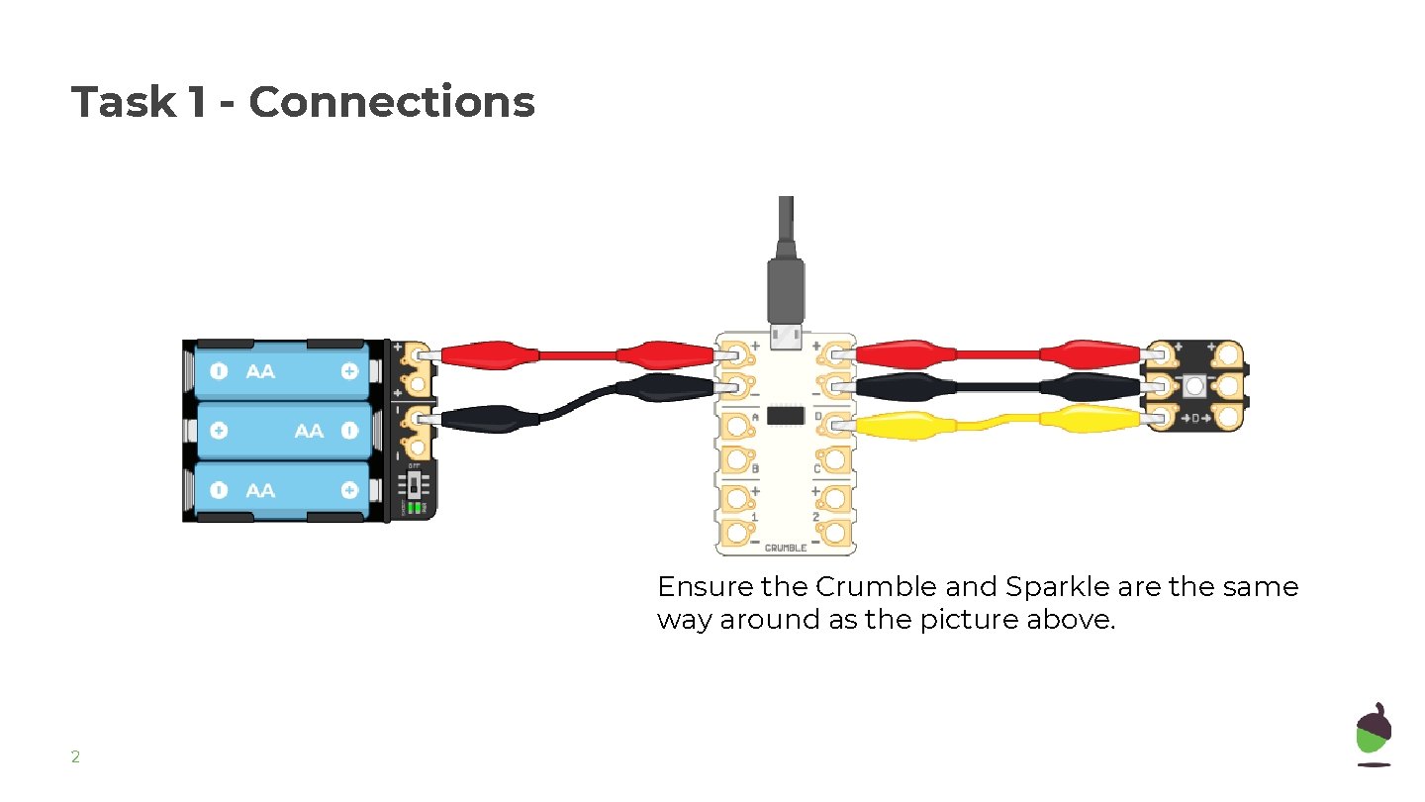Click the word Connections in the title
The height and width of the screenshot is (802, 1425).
coord(392,102)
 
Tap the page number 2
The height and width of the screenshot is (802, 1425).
coord(75,757)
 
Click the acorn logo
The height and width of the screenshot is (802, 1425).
coord(1374,734)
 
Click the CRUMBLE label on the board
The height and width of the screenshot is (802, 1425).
coord(785,548)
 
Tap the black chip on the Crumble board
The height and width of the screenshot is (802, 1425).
coord(785,416)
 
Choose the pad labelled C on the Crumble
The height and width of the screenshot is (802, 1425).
coord(833,460)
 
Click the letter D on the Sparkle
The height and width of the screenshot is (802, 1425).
coord(1194,419)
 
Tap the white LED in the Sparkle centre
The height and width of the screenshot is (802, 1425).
coord(1193,384)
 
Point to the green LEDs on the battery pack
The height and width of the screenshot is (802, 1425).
coord(416,507)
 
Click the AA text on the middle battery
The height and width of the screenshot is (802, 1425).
coord(309,431)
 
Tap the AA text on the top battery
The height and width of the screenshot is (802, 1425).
coord(260,372)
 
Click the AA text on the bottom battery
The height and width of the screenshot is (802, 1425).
coord(260,490)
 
